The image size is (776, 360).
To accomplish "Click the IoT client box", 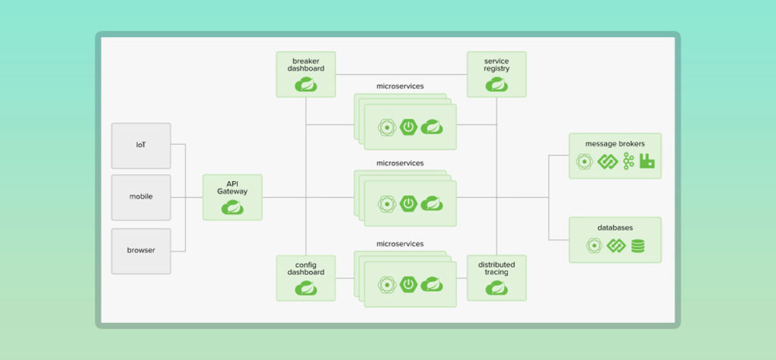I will pyautogui.click(x=141, y=146).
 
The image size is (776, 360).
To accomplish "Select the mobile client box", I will pyautogui.click(x=141, y=197).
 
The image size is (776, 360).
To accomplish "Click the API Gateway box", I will pyautogui.click(x=232, y=197).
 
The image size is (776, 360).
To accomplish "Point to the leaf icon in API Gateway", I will pyautogui.click(x=232, y=207).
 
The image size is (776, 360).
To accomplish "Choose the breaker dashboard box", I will pyautogui.click(x=306, y=74).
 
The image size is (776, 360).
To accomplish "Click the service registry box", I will pyautogui.click(x=496, y=74).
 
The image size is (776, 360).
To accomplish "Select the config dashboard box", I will pyautogui.click(x=306, y=277).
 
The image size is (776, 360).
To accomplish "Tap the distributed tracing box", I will pyautogui.click(x=496, y=277).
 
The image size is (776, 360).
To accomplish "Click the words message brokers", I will pyautogui.click(x=615, y=143).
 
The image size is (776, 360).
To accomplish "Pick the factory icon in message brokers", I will pyautogui.click(x=646, y=161).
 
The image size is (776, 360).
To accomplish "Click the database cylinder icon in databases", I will pyautogui.click(x=637, y=246).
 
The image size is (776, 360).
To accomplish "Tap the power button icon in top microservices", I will pyautogui.click(x=409, y=127).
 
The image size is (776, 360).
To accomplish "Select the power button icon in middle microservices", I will pyautogui.click(x=409, y=203).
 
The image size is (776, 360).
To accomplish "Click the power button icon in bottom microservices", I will pyautogui.click(x=409, y=285).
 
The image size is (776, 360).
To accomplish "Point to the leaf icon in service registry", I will pyautogui.click(x=496, y=85).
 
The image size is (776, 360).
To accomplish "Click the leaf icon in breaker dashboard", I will pyautogui.click(x=306, y=85).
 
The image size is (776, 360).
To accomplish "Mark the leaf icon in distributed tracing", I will pyautogui.click(x=496, y=288).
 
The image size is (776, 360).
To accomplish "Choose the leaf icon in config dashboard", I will pyautogui.click(x=306, y=288).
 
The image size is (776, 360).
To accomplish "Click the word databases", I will pyautogui.click(x=615, y=227).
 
